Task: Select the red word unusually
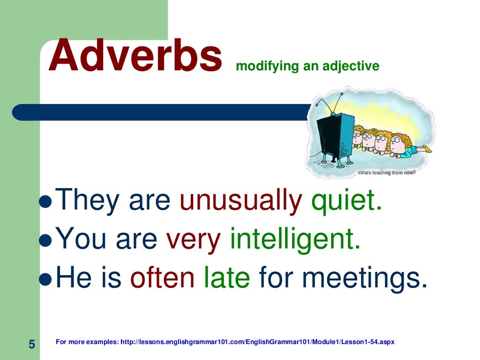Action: (241, 201)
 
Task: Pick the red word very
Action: (194, 240)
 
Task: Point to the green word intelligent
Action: (295, 240)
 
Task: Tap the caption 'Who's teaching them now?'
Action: (387, 172)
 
